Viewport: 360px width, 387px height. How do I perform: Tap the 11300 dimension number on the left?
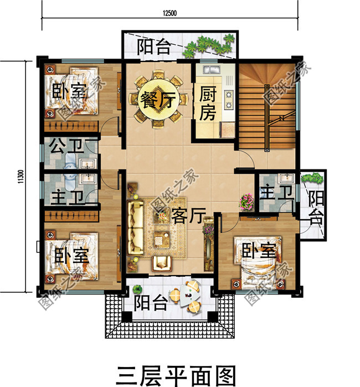coord(20,177)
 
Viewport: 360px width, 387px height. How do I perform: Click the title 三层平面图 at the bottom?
coord(176,373)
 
